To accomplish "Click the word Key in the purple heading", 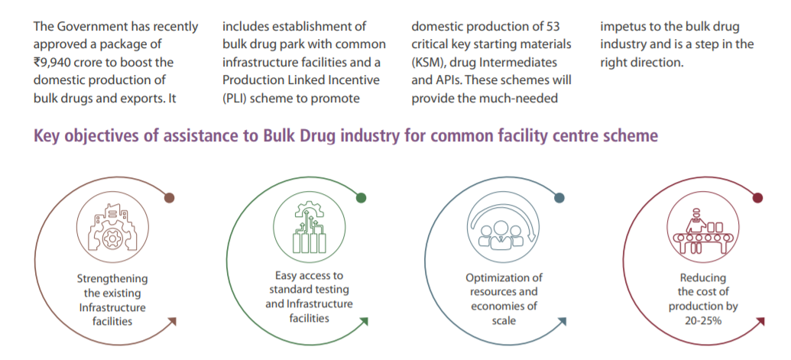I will click(x=47, y=137).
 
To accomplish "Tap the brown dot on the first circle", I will click(x=170, y=198).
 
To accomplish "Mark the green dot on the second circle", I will click(x=361, y=198).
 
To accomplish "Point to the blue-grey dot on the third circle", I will click(x=559, y=198).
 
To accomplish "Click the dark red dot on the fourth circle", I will click(x=757, y=198).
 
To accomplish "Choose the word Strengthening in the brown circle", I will click(x=112, y=279).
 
